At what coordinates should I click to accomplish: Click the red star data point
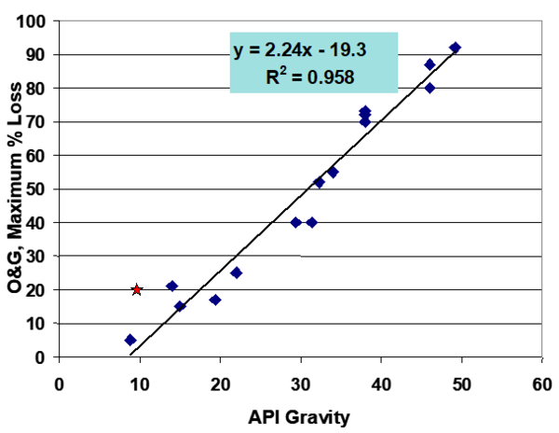tap(137, 289)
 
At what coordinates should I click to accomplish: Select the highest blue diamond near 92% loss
tap(455, 48)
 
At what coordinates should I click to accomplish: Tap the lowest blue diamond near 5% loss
tap(130, 340)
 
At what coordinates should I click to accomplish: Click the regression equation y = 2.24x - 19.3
tap(313, 51)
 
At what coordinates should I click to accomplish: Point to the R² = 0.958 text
tap(314, 77)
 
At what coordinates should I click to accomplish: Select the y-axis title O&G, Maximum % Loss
tap(18, 188)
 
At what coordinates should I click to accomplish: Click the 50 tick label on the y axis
tap(38, 189)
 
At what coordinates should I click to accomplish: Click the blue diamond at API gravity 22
tap(236, 272)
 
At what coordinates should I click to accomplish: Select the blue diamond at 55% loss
tap(333, 172)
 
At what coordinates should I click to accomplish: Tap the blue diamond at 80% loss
tap(429, 88)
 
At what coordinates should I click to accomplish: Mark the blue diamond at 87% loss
tap(429, 64)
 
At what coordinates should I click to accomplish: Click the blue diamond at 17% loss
tap(215, 300)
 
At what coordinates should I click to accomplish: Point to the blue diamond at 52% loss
tap(319, 182)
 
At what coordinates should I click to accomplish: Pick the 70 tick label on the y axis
tap(38, 121)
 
